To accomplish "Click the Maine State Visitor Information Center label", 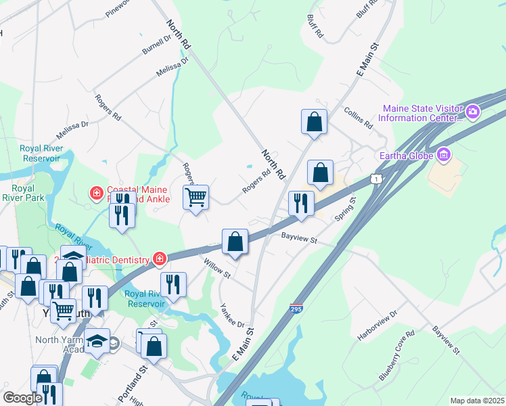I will [421, 114].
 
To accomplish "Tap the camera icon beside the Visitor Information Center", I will [472, 111].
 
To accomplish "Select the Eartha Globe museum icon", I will [444, 156].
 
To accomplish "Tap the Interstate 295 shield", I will [295, 308].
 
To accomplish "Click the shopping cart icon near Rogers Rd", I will [195, 198].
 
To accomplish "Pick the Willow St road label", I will [217, 267].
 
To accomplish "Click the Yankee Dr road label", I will [231, 315].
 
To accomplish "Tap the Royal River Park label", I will [22, 193].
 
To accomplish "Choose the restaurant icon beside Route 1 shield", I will [300, 203].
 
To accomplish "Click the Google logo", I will [22, 398].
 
